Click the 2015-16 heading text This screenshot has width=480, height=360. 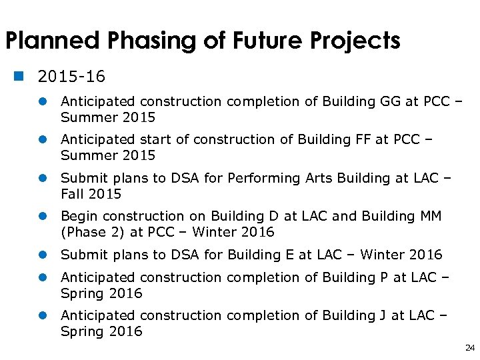coord(71,77)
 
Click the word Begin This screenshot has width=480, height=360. coord(79,217)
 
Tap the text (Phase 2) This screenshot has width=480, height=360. coord(91,233)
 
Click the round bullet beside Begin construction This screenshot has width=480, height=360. coord(41,217)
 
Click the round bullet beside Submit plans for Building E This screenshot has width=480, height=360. coord(41,255)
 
